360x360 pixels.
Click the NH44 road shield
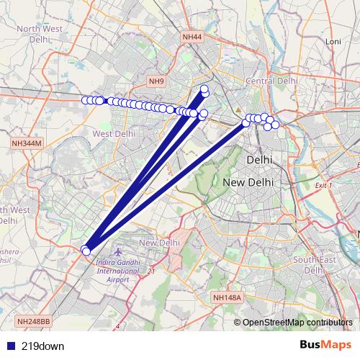(192, 37)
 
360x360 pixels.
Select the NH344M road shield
(27, 145)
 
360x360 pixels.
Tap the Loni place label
(333, 42)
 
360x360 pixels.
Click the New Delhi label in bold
(248, 183)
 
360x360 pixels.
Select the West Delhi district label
(114, 134)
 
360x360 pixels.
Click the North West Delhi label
(39, 34)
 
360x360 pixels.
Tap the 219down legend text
(42, 346)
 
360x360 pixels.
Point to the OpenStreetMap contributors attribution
(297, 322)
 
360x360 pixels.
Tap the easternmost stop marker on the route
(275, 125)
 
